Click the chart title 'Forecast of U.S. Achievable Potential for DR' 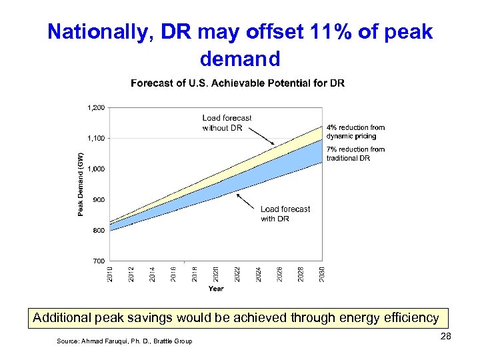point(238,83)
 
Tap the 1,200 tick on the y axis point(96,107)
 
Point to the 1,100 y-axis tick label point(96,138)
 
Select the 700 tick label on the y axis point(99,261)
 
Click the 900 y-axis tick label point(99,199)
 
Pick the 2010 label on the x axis point(111,273)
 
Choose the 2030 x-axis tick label point(322,273)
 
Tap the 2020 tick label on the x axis point(216,273)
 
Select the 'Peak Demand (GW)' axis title point(81,184)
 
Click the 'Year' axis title point(216,289)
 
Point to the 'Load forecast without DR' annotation point(227,123)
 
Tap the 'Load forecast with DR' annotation point(285,213)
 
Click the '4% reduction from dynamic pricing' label point(355,131)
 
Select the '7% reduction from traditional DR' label point(355,153)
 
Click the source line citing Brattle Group point(125,341)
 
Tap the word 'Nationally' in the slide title point(90,31)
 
